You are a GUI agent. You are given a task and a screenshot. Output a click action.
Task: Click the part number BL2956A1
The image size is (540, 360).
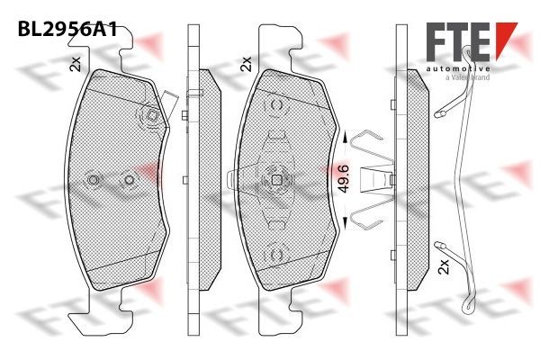[x=67, y=29]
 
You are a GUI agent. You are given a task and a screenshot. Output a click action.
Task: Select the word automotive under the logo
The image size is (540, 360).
[x=458, y=68]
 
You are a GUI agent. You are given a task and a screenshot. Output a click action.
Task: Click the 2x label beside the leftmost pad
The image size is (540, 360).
[x=76, y=63]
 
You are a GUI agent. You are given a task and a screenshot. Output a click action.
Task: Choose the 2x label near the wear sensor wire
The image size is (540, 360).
[x=443, y=268]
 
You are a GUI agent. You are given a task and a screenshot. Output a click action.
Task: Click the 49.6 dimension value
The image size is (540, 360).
[x=343, y=180]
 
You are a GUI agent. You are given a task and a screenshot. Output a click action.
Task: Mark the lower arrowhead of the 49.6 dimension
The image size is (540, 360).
[x=343, y=224]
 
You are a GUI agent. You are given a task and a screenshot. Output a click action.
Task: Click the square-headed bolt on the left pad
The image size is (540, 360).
[x=150, y=116]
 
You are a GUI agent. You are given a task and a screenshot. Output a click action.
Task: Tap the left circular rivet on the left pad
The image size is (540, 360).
[x=94, y=180]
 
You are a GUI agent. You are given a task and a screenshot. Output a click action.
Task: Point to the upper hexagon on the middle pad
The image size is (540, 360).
[x=275, y=107]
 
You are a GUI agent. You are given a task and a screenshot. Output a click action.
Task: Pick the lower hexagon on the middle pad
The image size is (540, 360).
[x=275, y=254]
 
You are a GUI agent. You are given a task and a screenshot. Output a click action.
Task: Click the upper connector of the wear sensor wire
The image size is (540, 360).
[x=441, y=114]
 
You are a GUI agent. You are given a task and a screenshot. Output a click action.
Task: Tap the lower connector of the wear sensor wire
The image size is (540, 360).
[x=441, y=246]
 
